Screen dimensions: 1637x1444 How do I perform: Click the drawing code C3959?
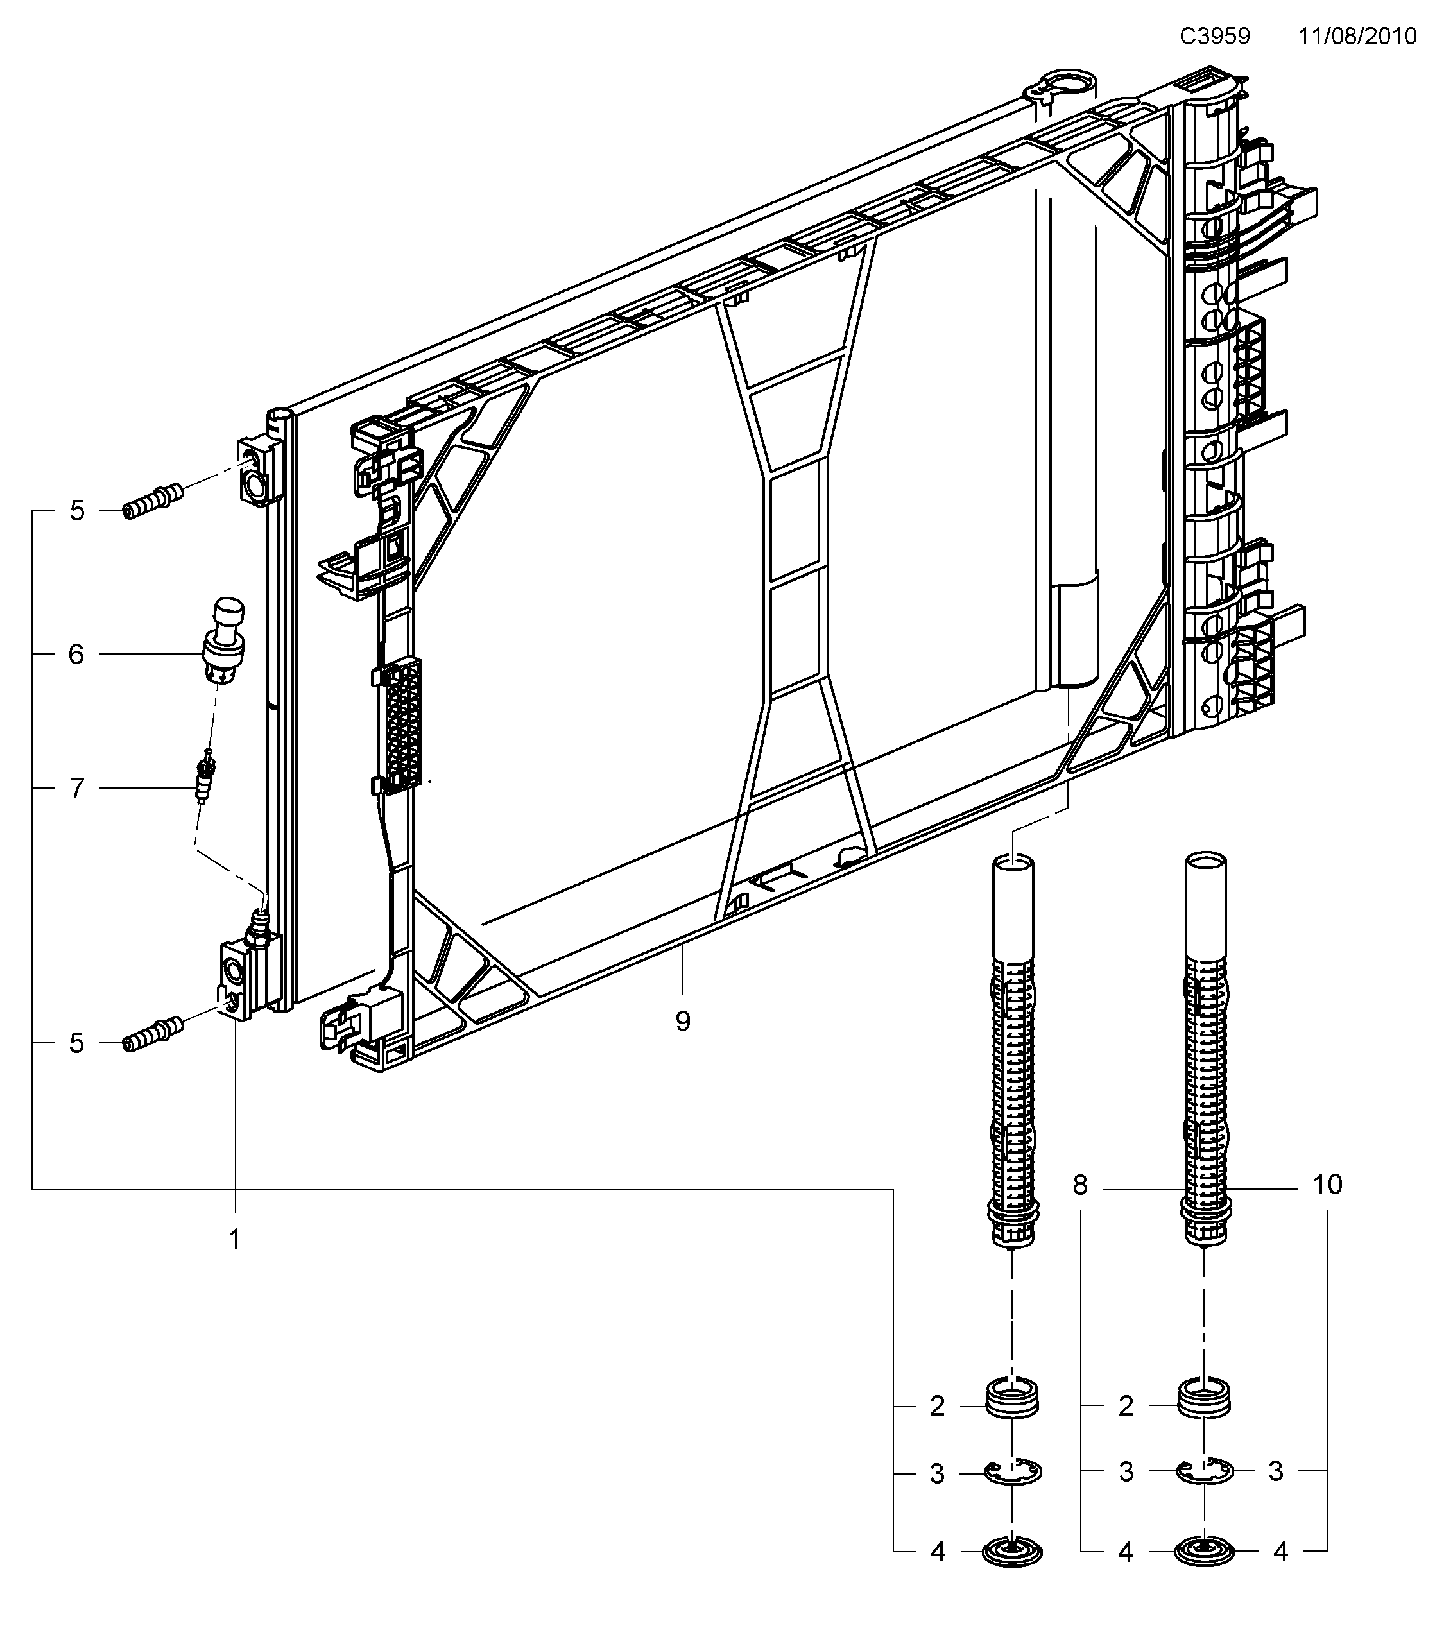click(x=1214, y=37)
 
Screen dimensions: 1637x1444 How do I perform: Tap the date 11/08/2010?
click(x=1357, y=37)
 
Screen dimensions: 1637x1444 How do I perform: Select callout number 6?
click(x=76, y=655)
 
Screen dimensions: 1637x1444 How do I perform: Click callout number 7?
click(x=76, y=788)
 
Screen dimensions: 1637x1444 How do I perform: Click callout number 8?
click(x=1080, y=1185)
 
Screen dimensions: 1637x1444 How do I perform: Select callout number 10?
click(x=1327, y=1185)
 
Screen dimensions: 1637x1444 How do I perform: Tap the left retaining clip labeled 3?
click(x=1013, y=1471)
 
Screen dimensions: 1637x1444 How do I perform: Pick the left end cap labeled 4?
click(x=1013, y=1553)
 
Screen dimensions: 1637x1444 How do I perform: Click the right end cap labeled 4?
click(x=1204, y=1553)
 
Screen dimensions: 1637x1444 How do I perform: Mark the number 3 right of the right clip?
click(x=1276, y=1471)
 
